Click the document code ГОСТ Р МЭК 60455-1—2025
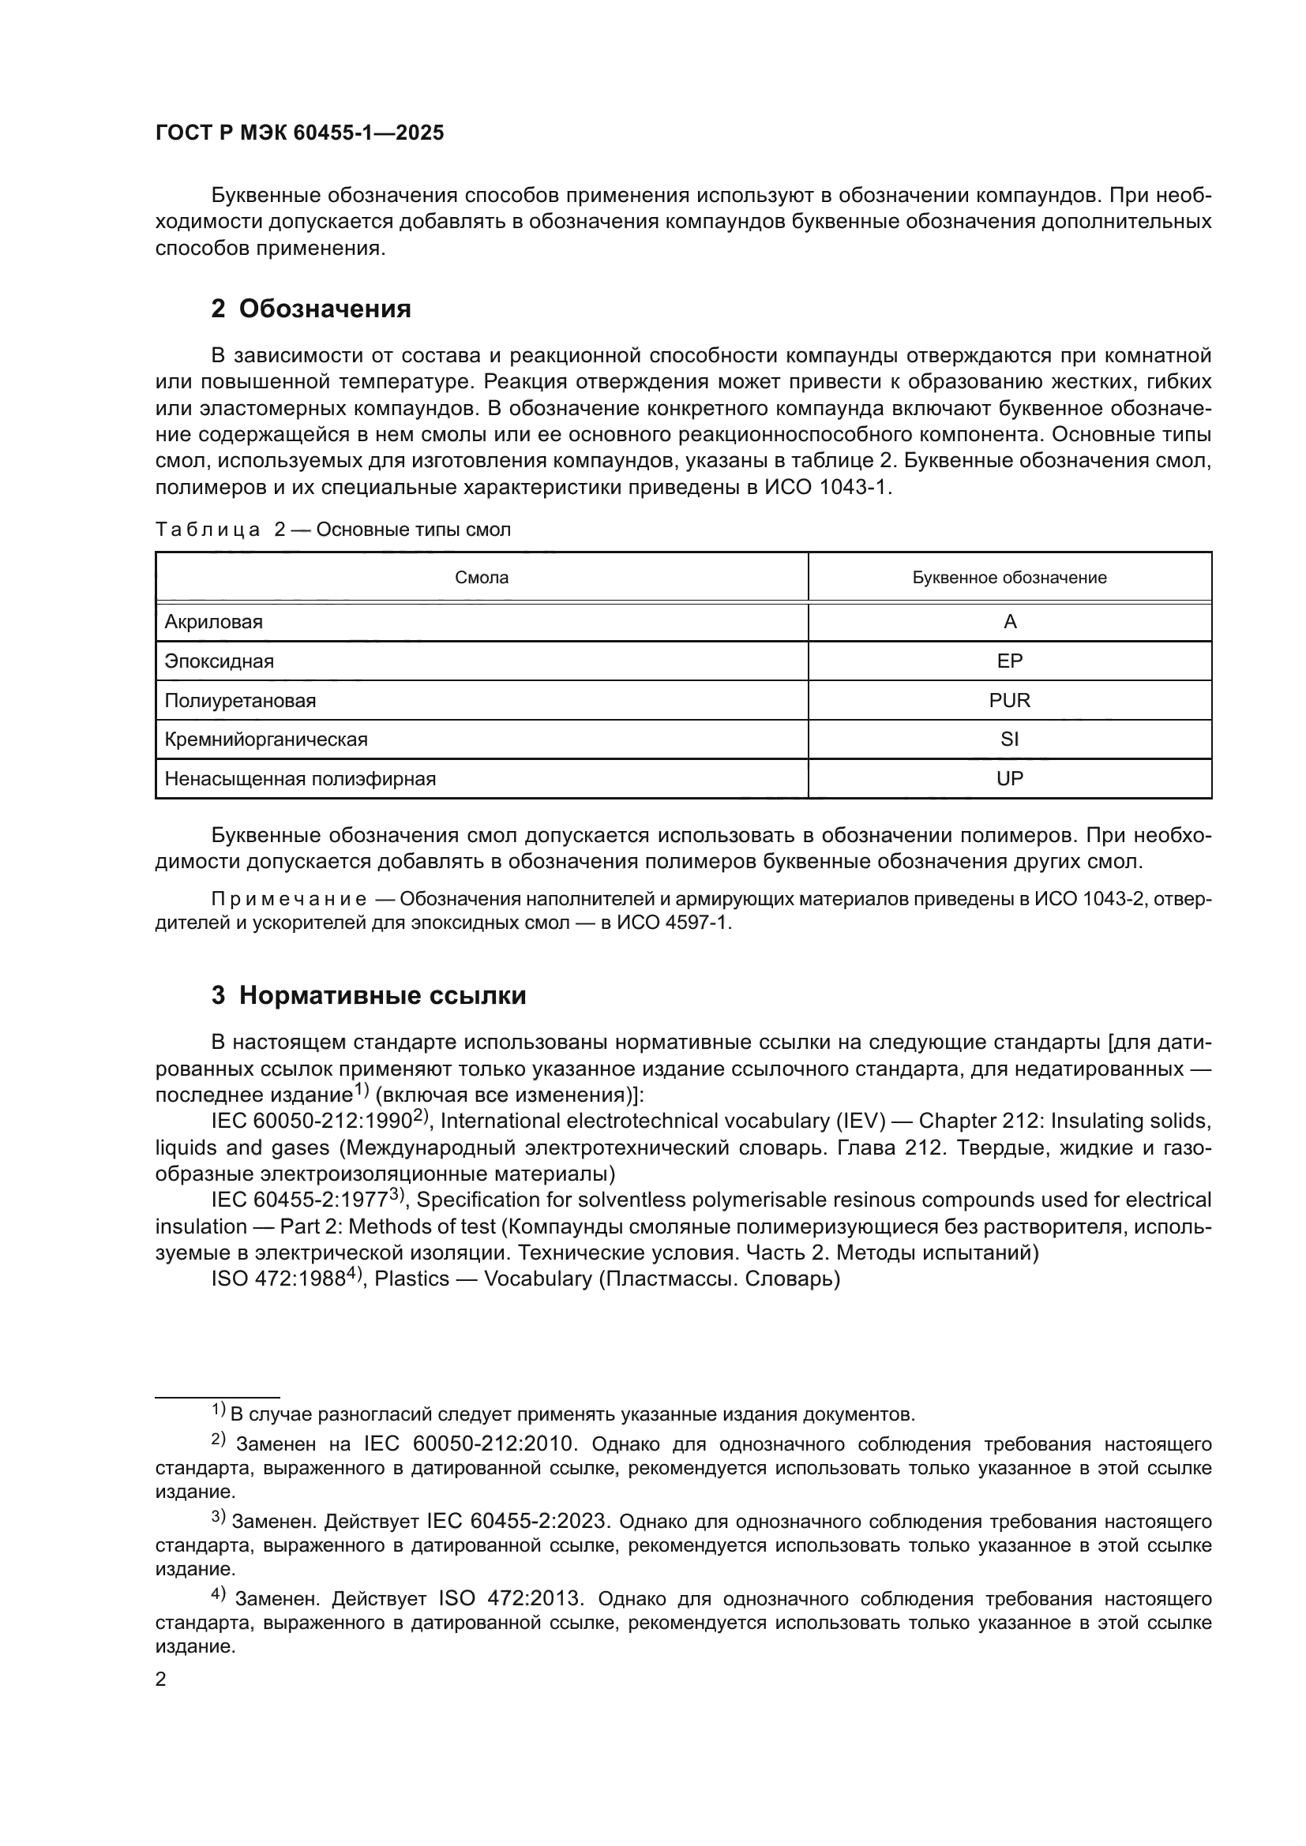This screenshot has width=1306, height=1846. point(299,133)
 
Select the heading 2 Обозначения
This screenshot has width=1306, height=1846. point(310,309)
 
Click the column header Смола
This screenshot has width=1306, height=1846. point(481,577)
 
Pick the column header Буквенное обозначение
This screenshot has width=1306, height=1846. point(1009,577)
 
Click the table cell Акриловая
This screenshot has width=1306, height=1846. point(214,621)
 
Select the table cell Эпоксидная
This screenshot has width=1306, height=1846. point(220,661)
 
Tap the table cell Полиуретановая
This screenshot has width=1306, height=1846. point(241,700)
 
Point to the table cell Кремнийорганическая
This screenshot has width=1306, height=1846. point(266,739)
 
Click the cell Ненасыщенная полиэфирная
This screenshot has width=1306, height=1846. point(300,778)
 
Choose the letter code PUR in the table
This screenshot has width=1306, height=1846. point(1009,700)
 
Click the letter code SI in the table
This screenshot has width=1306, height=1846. point(1009,739)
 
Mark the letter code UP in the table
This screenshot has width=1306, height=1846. point(1009,778)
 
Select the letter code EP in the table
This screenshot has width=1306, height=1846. point(1009,661)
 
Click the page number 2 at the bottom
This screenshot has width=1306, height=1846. point(161,1679)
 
